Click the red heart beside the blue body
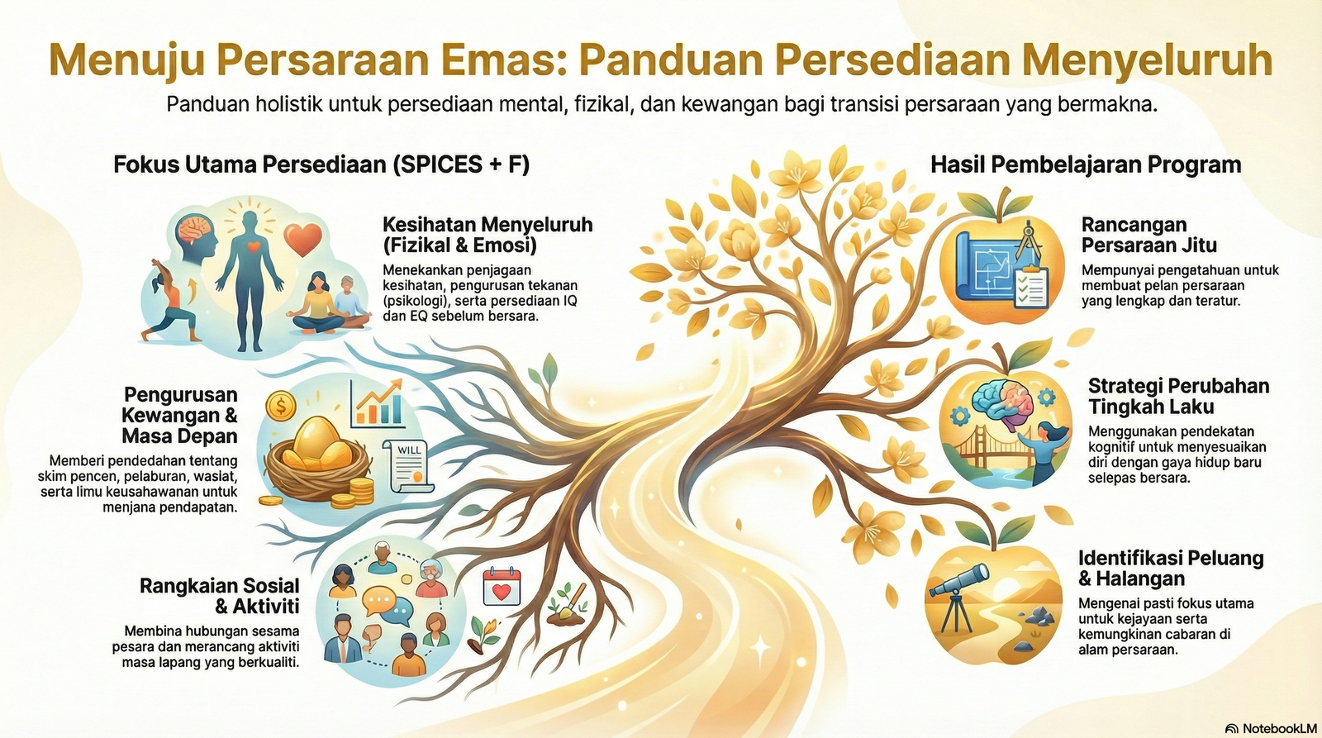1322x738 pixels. (302, 240)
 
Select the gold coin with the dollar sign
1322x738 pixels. (282, 405)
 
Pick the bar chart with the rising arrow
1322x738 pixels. (378, 402)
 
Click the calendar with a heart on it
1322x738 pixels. (502, 588)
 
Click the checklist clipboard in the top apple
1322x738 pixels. (1030, 286)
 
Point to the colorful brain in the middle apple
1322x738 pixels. (997, 402)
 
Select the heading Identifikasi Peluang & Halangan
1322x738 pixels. (1170, 568)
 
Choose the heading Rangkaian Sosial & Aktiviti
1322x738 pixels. (220, 596)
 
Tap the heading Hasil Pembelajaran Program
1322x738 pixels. (1085, 164)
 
